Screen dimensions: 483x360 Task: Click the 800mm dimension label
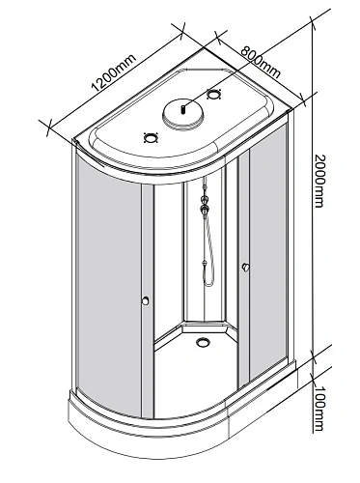click(259, 60)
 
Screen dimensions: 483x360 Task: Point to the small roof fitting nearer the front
click(150, 137)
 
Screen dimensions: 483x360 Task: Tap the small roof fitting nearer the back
click(214, 95)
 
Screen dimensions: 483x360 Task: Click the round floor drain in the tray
click(204, 339)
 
